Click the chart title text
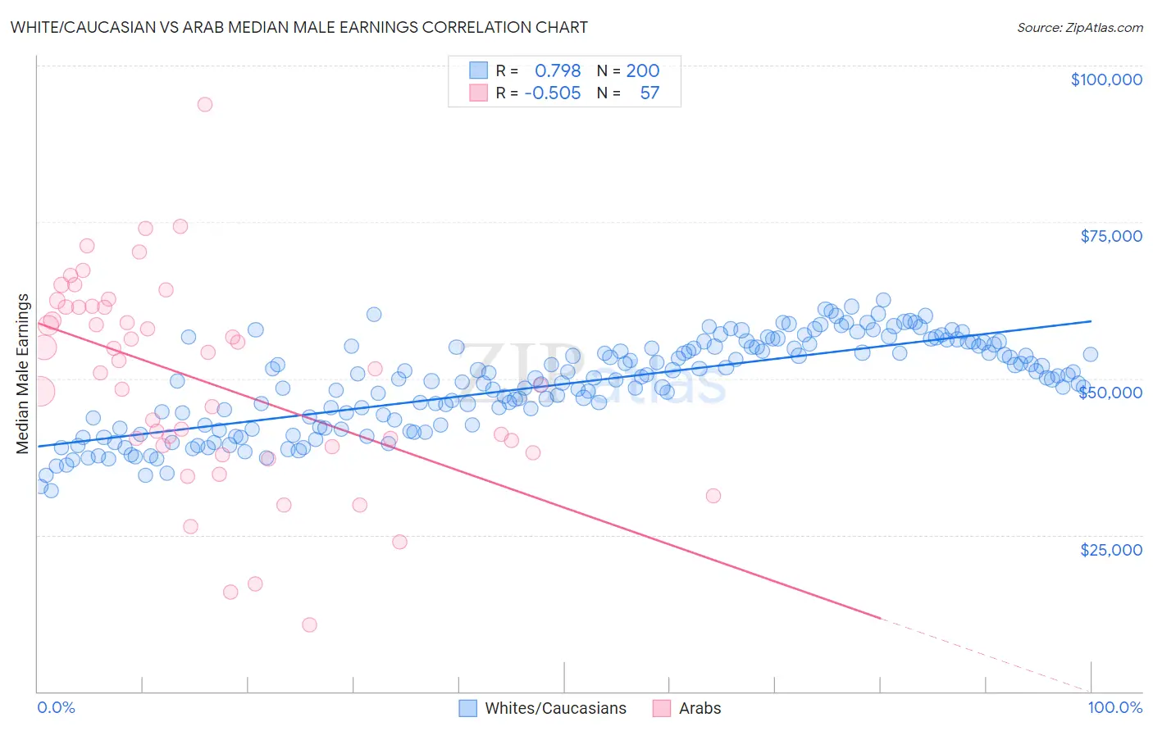(299, 27)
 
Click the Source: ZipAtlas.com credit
(1079, 27)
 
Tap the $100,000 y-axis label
(1106, 79)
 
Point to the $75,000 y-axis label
(1111, 236)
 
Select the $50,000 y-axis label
(1110, 393)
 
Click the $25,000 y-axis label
(1111, 549)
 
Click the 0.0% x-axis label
(56, 707)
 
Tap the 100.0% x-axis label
(1114, 707)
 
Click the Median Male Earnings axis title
(23, 374)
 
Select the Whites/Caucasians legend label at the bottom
(555, 708)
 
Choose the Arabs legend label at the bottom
(700, 708)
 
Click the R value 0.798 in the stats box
(558, 71)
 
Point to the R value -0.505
(553, 93)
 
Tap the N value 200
(643, 71)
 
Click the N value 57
(649, 93)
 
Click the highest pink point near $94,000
(205, 104)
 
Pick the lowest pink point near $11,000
(309, 624)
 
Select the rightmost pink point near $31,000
(713, 496)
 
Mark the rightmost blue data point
(1091, 354)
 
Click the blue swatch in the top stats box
(478, 71)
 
